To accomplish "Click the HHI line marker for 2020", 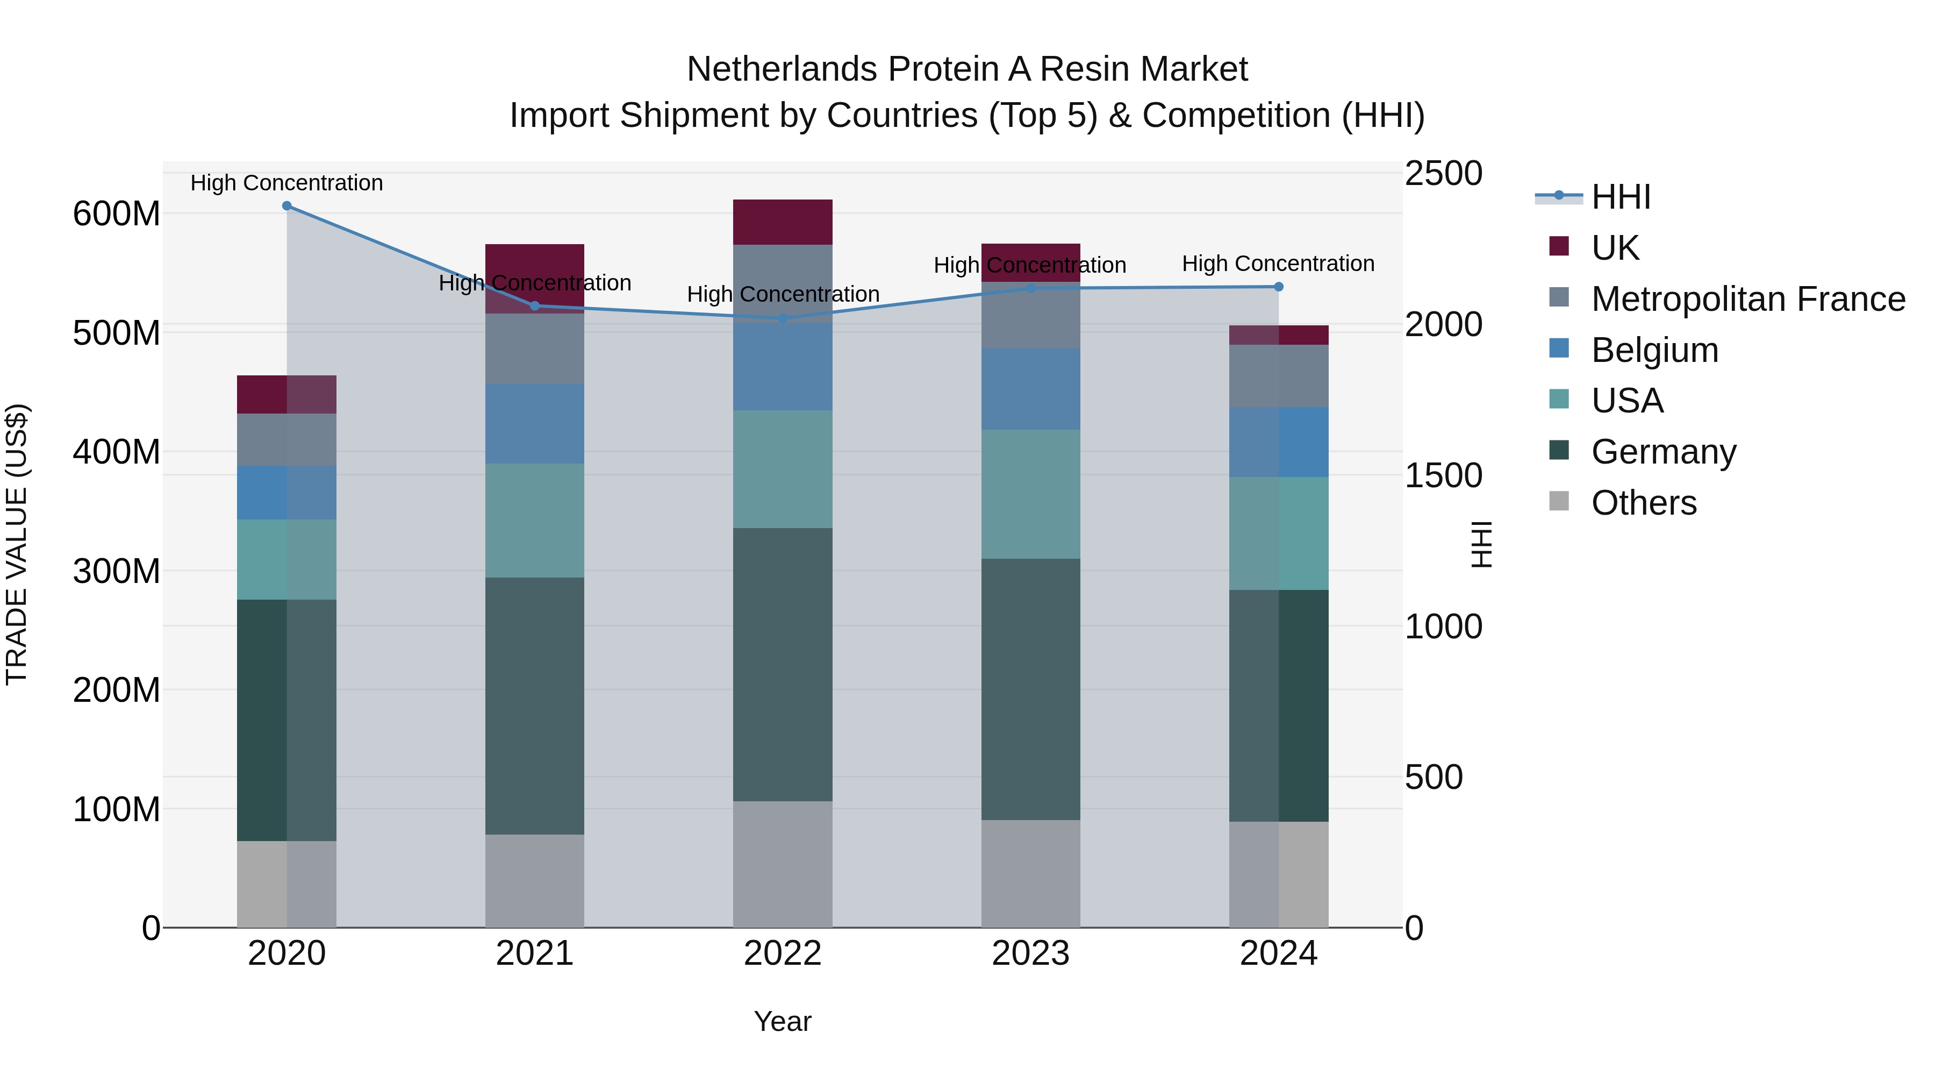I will point(287,206).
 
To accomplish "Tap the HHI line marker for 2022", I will point(783,319).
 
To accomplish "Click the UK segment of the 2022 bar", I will point(783,223).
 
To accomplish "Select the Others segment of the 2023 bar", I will point(1030,873).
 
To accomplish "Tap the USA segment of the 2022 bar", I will point(783,469).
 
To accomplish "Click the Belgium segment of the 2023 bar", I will point(1030,389).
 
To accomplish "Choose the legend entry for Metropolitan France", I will point(1748,299).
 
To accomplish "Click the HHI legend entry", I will point(1620,197).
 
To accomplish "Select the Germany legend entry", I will point(1663,452).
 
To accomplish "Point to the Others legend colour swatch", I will point(1559,501).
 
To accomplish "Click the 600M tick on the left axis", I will point(117,214).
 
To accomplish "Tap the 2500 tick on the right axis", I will point(1443,174).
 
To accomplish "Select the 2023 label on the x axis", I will point(1030,953).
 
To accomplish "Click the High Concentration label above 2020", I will point(287,183).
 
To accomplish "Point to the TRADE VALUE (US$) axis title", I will point(17,544).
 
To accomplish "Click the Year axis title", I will point(783,1021).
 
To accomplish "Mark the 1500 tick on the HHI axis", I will point(1443,476).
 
